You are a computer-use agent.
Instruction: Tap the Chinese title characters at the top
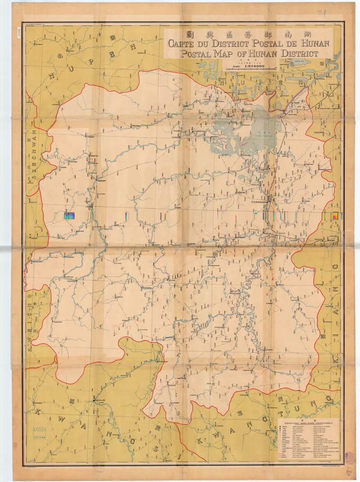249,34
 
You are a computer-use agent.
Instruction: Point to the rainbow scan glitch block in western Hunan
70,216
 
